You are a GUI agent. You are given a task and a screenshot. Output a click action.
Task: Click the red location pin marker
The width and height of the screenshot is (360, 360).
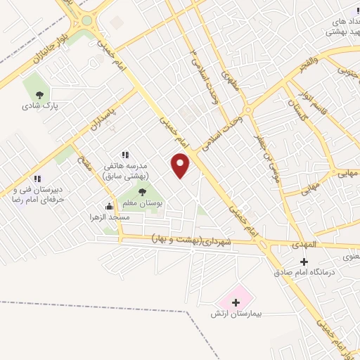[x=181, y=166]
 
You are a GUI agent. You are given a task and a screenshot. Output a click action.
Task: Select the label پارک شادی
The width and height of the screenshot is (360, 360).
[x=39, y=106]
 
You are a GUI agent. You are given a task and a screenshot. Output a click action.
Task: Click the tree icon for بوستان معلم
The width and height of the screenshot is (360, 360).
[x=143, y=191]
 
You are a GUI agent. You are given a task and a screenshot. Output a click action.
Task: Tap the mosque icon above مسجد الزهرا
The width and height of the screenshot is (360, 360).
[x=109, y=207]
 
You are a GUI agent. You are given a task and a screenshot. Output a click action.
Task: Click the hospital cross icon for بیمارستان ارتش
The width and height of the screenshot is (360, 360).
[x=236, y=302]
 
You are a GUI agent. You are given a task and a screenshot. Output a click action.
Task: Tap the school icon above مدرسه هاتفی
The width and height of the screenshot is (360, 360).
[x=125, y=155]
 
